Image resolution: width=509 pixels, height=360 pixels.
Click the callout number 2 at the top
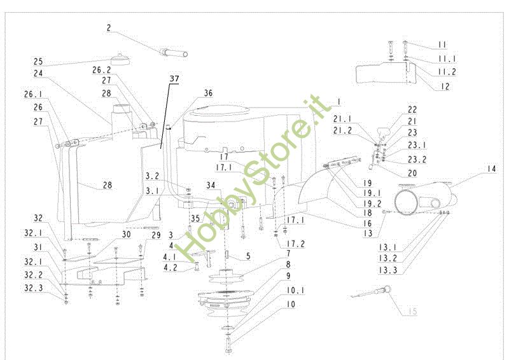point(109,28)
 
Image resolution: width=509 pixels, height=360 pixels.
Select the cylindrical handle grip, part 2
point(173,52)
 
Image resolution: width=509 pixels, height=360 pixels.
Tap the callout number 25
point(38,62)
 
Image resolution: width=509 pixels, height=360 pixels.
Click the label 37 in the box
point(174,79)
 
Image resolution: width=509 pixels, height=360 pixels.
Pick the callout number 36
point(207,93)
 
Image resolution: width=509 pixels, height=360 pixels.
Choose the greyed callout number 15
point(412,312)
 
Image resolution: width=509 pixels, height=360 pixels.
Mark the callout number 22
point(412,109)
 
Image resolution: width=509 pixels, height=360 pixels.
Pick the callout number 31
point(38,248)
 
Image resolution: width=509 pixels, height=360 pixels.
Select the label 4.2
point(171,268)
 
